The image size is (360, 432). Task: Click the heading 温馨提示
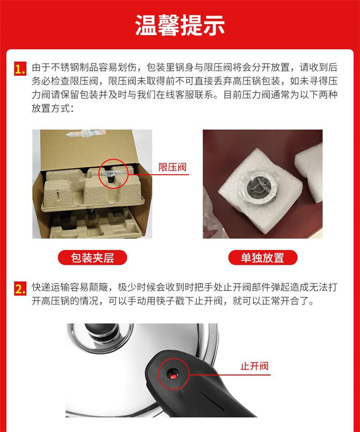point(180,25)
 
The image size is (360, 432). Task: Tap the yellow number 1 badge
point(20,69)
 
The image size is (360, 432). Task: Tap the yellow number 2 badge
point(20,289)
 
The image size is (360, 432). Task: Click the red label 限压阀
point(172,167)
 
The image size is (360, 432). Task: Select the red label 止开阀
point(254,366)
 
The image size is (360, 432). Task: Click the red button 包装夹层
point(93,258)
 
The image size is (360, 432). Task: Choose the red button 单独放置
point(263,258)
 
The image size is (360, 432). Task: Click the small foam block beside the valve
point(309,172)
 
